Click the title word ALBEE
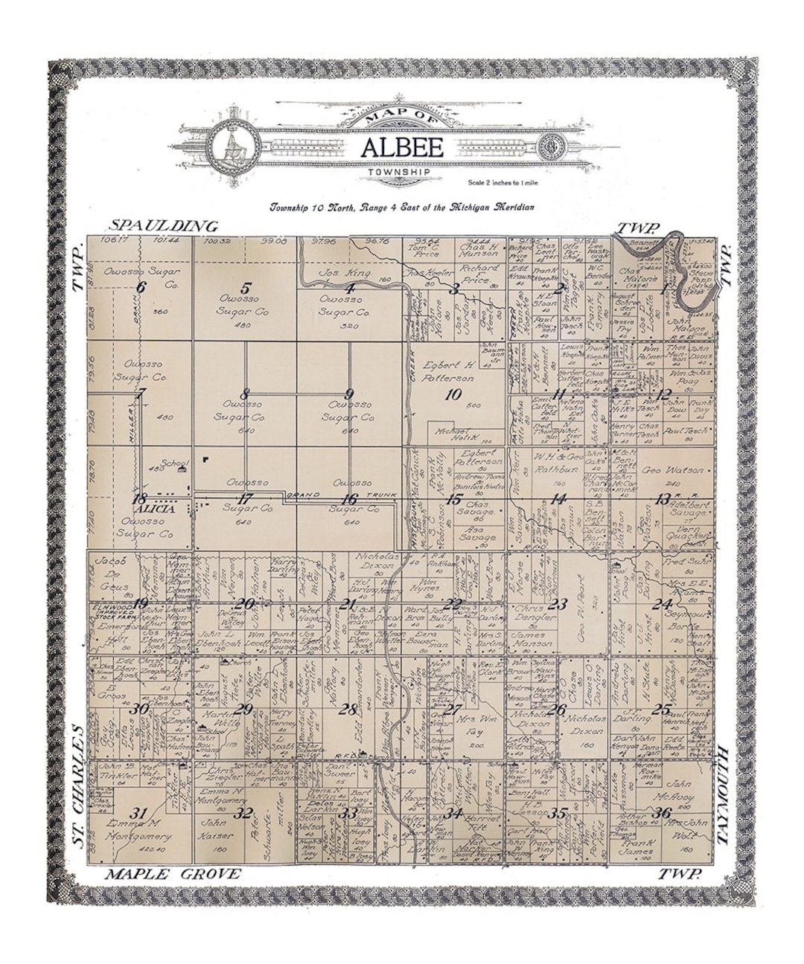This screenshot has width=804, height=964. pos(402,147)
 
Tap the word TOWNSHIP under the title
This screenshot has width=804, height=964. pos(399,173)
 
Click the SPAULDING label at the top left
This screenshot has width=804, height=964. pos(164,226)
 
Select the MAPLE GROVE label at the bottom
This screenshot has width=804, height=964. pos(173,874)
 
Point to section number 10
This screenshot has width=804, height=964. pos(453,395)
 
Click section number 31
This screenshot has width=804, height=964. pos(138,812)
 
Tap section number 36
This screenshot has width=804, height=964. pos(660,813)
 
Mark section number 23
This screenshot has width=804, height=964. pos(558,604)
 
